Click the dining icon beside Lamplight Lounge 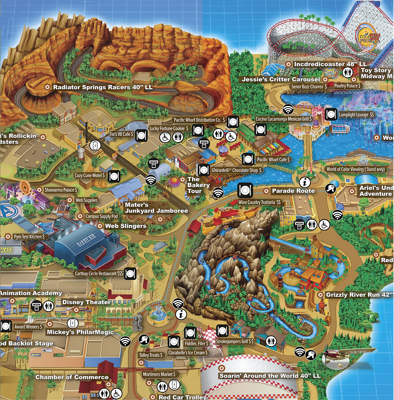click(331, 114)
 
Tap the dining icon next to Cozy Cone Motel click(114, 176)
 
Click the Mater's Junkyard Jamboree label click(156, 208)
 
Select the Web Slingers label click(125, 226)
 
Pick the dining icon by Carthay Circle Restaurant click(129, 273)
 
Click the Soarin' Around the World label click(270, 376)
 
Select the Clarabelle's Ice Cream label click(189, 352)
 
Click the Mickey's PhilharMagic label click(80, 332)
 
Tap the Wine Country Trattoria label click(260, 202)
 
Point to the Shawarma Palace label click(61, 190)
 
